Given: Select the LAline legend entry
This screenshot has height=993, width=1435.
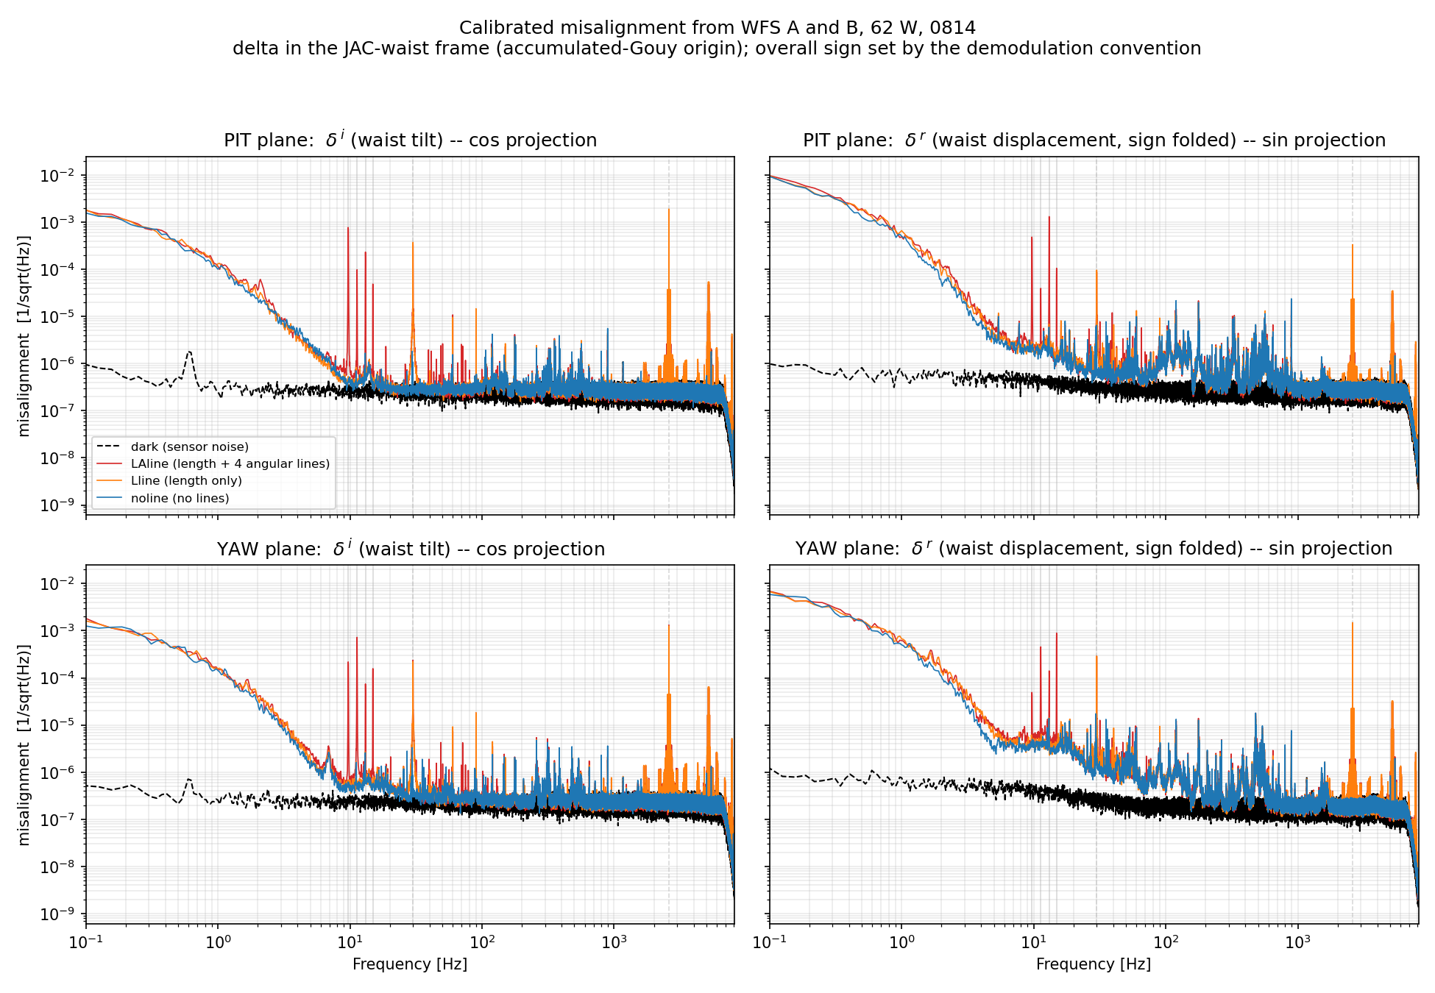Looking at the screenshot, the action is pos(213,463).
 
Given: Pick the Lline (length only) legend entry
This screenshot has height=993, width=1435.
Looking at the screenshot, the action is pos(169,480).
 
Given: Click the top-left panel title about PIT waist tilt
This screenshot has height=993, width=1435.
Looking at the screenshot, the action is pos(410,139).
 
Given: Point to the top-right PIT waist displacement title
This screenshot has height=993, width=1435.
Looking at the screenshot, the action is pos(1094,139).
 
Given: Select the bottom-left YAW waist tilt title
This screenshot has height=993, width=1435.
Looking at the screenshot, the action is pos(411,548).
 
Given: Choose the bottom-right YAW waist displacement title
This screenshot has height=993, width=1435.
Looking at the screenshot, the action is pos(1094,548).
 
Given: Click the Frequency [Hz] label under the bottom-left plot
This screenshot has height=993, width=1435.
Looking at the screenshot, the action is pos(410,964).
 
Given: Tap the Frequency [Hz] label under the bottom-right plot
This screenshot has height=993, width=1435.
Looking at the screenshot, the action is pos(1094,964).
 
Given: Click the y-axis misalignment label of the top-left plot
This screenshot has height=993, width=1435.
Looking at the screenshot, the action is pos(24,336).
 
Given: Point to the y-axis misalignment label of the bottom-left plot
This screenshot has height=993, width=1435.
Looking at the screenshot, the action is pos(24,745).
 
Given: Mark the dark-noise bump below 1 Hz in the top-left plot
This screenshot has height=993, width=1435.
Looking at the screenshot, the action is pos(189,352).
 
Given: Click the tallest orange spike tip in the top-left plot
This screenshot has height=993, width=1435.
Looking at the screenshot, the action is pos(669,210).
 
